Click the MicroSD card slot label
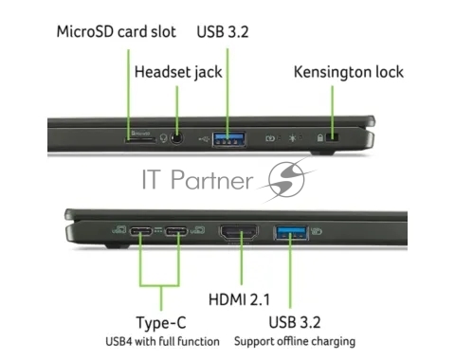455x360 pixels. [x=117, y=32]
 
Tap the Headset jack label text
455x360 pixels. [x=178, y=72]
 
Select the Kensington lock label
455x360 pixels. [x=349, y=72]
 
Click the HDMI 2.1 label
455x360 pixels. [x=239, y=299]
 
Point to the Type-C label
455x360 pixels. [x=161, y=323]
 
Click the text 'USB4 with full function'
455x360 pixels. [x=162, y=341]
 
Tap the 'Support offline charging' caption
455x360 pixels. [x=295, y=342]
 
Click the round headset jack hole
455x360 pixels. [x=176, y=138]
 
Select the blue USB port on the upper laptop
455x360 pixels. [x=229, y=139]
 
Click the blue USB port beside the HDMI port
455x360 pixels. [x=291, y=233]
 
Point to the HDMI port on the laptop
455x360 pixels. [x=239, y=233]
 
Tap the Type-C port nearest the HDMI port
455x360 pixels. [x=176, y=231]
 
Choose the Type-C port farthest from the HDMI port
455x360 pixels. [x=141, y=231]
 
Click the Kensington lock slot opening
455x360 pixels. [x=332, y=137]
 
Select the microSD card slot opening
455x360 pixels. [x=140, y=139]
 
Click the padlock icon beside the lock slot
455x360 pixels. [x=320, y=137]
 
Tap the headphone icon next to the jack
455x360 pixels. [x=163, y=138]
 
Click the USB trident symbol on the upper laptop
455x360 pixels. [x=204, y=138]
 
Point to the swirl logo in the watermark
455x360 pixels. [x=286, y=179]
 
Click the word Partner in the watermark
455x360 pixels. [x=211, y=179]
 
